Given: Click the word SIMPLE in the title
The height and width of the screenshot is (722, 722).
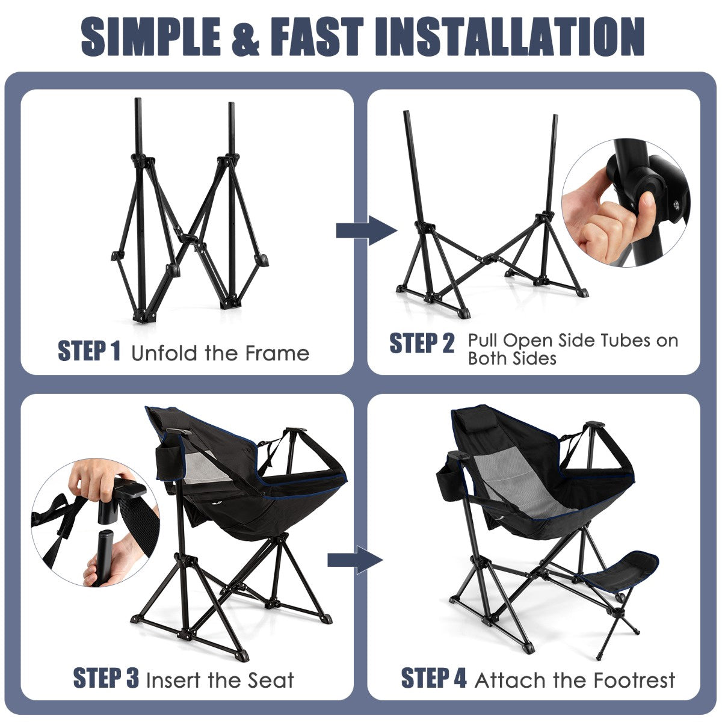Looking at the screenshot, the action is (x=150, y=37).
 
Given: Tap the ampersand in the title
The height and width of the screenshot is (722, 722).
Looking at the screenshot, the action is (x=245, y=37).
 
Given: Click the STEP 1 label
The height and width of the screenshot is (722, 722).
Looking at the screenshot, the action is (x=89, y=351).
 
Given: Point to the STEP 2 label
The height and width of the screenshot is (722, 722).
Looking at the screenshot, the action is (x=422, y=343).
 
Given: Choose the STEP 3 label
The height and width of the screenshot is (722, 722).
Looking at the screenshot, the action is (x=106, y=677).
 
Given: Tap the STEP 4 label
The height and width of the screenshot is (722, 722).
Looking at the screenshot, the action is (x=434, y=677).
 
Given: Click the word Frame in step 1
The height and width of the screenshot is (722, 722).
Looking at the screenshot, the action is (x=277, y=353).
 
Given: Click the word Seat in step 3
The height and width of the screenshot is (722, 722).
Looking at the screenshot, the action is (x=271, y=680).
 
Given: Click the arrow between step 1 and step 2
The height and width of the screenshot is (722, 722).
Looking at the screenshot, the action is (x=366, y=230).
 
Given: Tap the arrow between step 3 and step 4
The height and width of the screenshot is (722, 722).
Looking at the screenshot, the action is (x=355, y=560).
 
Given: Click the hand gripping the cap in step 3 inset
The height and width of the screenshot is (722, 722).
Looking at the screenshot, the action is (x=98, y=479).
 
